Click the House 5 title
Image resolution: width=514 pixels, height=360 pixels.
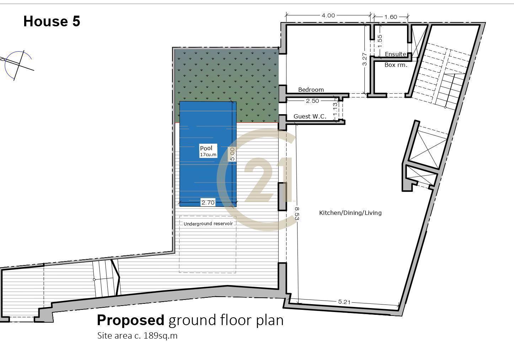tap(52, 21)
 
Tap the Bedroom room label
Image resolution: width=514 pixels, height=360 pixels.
tap(311, 90)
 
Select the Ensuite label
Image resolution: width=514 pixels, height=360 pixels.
tap(396, 54)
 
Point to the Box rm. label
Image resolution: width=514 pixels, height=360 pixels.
tap(396, 65)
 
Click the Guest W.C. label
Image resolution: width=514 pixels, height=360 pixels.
tap(310, 116)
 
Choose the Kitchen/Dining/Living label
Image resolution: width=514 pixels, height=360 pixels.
tap(350, 213)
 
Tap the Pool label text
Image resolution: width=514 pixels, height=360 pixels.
tap(206, 148)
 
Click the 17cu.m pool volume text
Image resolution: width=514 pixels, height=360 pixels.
tap(208, 155)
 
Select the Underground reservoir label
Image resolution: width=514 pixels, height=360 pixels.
tap(208, 224)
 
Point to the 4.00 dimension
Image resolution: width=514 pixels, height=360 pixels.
tap(328, 16)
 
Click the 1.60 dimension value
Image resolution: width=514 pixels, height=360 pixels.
tap(391, 17)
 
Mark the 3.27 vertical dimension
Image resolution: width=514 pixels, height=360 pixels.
tap(365, 59)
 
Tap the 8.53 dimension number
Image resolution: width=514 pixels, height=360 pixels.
tap(297, 214)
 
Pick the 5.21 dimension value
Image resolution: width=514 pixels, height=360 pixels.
tap(344, 302)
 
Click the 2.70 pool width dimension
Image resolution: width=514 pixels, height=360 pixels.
tap(208, 203)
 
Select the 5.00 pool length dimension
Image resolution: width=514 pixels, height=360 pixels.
tap(232, 154)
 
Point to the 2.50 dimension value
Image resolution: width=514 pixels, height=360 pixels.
tap(312, 101)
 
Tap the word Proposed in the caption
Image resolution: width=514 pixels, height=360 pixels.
tap(130, 320)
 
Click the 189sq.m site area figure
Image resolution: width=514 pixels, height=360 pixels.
tap(160, 336)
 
